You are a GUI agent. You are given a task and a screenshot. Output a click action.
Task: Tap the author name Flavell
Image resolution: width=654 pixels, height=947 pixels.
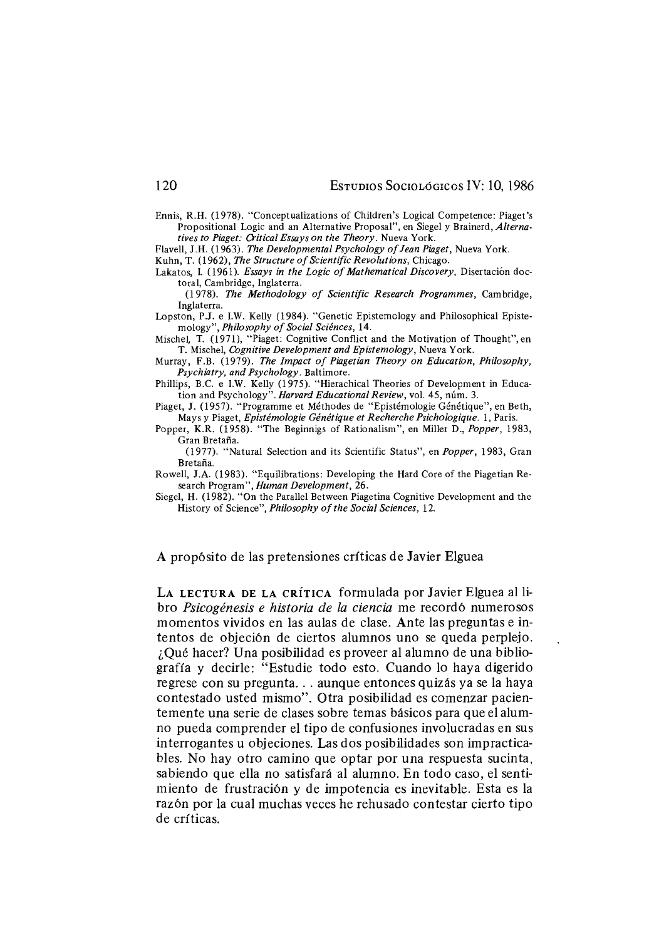[x=169, y=249]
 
